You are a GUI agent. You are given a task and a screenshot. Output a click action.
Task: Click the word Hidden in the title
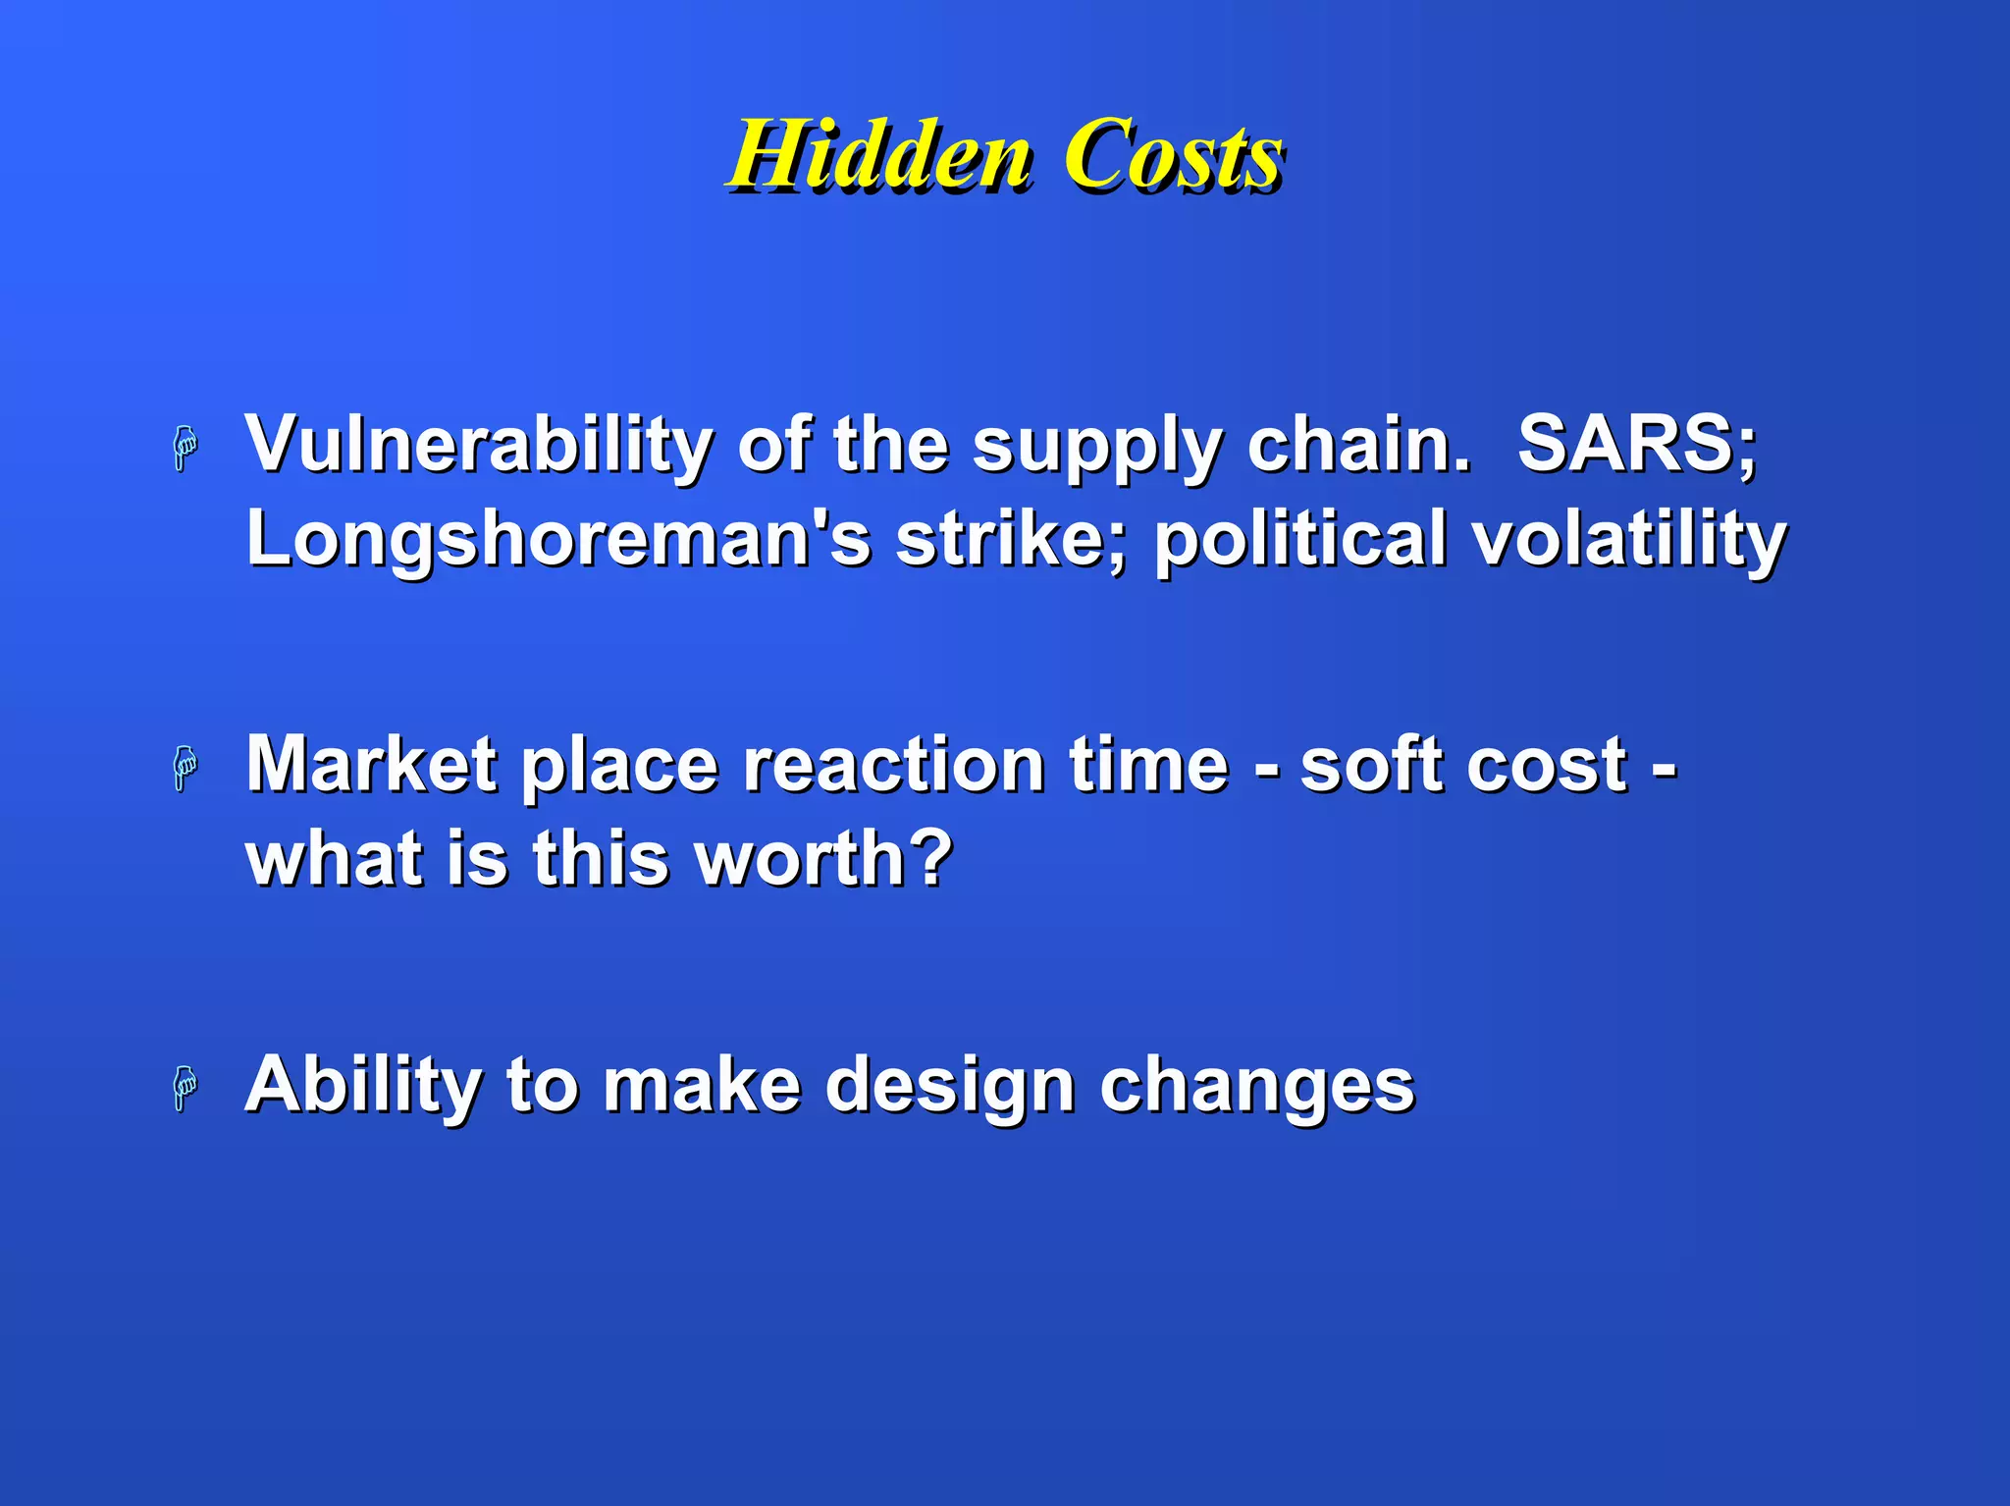(879, 155)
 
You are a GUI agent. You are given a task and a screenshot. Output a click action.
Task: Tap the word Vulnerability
(478, 444)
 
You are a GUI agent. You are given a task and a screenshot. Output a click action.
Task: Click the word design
(949, 1086)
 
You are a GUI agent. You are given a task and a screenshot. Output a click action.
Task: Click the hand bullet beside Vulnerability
(185, 449)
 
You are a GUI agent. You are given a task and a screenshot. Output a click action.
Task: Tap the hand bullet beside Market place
(185, 768)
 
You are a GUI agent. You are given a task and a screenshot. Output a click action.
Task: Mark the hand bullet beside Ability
(185, 1088)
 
